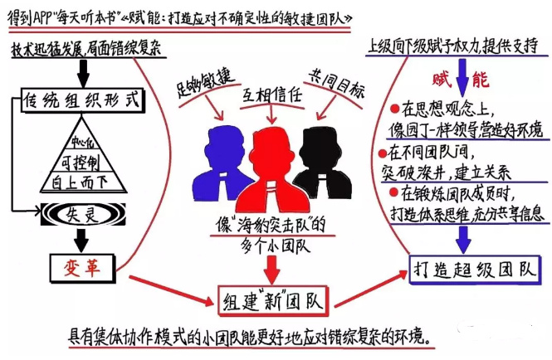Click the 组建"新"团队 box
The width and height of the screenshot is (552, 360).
268,297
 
